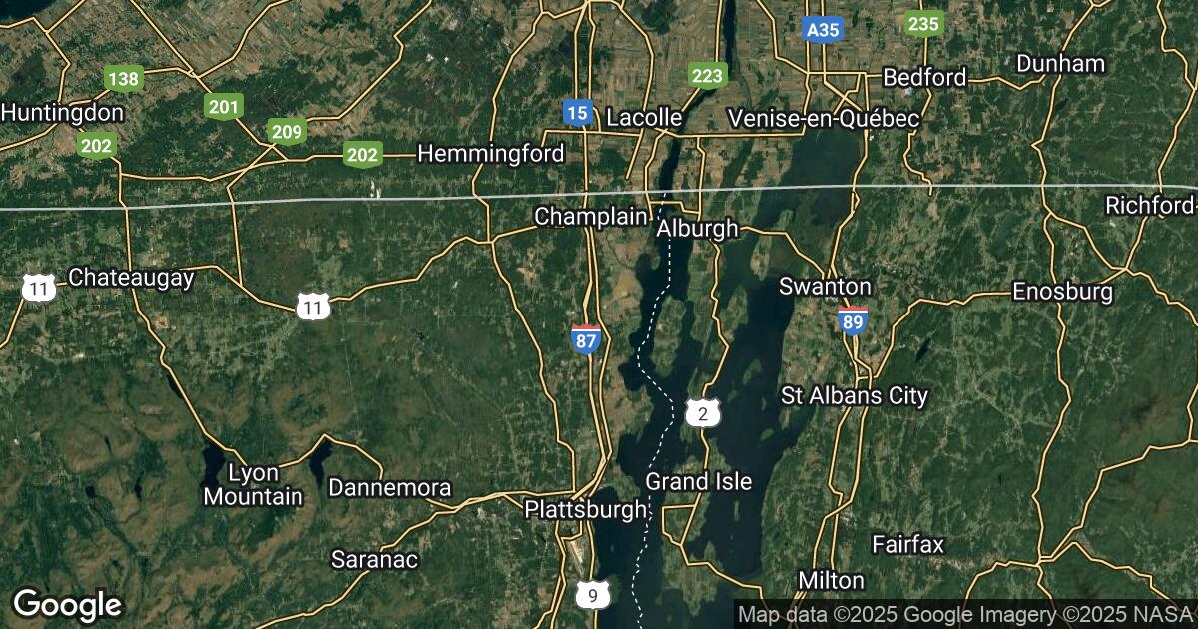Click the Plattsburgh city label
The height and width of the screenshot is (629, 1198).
pos(586,510)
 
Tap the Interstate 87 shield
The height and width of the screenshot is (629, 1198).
pos(586,338)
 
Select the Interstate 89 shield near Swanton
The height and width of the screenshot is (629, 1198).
pos(852,320)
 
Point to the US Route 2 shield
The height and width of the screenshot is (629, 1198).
pos(703,413)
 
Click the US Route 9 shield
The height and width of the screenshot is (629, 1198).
pos(593,596)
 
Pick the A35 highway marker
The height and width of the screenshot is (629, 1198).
pos(823,30)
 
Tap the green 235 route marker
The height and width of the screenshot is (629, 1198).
pos(923,24)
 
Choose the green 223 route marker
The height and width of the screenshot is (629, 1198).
pos(708,75)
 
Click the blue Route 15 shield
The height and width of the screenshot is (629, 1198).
pos(576,112)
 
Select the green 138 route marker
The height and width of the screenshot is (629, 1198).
pos(124,78)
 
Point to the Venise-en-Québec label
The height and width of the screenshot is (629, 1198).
pos(824,118)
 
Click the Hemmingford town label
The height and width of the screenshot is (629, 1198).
pos(491,153)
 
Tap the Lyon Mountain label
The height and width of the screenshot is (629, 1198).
pos(253,484)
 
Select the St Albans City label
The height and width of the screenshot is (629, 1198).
pos(855,396)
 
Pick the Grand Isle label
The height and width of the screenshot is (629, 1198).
pos(698,481)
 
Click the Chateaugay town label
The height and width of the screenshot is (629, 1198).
pos(131,278)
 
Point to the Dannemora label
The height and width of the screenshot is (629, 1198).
pos(389,488)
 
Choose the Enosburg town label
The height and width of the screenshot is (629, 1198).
pos(1062,292)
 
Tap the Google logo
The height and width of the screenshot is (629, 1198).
pos(67,605)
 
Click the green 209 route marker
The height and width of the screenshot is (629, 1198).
pos(287,131)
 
